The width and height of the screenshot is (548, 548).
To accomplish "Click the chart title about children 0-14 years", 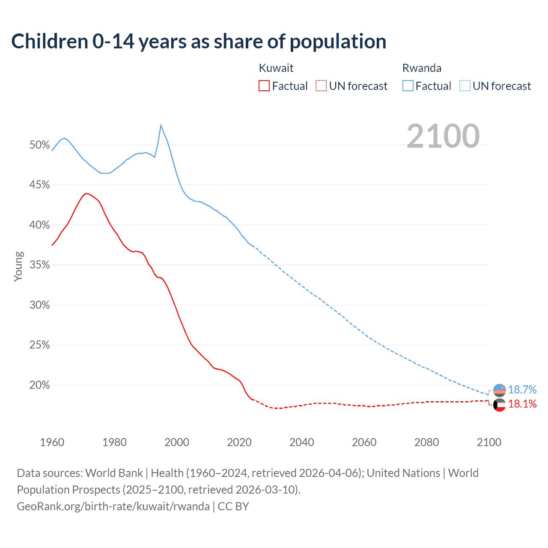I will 199,42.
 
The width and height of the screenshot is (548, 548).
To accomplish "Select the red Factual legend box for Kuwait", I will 264,86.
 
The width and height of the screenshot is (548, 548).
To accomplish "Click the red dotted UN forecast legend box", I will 321,86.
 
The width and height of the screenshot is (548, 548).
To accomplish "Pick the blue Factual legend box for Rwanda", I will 408,86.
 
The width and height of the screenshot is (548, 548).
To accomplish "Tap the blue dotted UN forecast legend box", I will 465,86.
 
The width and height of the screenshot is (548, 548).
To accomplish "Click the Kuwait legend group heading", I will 276,68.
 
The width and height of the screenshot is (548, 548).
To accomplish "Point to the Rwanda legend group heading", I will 422,68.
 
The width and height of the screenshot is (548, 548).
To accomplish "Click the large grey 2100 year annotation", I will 443,136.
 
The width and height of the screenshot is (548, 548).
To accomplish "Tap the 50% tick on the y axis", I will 40,145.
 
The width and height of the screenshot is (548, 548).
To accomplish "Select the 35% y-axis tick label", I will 40,265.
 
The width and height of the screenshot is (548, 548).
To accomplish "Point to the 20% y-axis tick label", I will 40,385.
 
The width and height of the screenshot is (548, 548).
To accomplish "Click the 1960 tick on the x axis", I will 52,442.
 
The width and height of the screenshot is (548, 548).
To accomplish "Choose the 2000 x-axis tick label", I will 177,442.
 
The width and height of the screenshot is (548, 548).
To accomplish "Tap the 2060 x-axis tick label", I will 364,442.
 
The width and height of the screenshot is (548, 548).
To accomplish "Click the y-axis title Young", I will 18,266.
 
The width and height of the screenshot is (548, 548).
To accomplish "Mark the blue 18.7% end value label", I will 522,390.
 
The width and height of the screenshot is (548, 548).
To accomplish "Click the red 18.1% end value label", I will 522,404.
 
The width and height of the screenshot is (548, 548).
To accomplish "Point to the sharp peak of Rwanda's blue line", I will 161,125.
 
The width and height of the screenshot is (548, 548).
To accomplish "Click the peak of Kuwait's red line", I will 86,194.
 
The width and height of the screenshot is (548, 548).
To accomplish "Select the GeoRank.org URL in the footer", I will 113,506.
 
